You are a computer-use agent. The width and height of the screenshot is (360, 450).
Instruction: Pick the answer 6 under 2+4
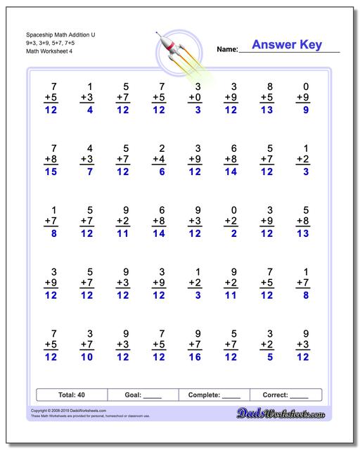point(162,172)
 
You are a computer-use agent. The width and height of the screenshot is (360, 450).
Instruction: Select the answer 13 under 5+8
point(303,234)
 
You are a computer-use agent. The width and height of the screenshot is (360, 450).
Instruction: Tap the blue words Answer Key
point(287,45)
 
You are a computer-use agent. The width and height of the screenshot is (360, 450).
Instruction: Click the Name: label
point(227,49)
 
